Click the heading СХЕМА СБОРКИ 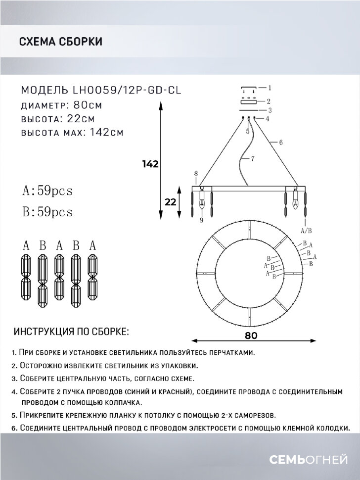tap(60, 42)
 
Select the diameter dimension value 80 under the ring tap(251, 335)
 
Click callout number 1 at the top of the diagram tap(270, 89)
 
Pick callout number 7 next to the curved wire tap(252, 159)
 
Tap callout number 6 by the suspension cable tap(280, 142)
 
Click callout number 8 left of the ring tap(196, 173)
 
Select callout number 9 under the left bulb tap(202, 220)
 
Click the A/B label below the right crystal tap(306, 230)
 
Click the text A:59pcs tap(47, 191)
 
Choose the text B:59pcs tap(47, 212)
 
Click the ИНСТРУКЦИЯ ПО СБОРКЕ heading tap(72, 331)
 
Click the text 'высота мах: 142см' tap(72, 132)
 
